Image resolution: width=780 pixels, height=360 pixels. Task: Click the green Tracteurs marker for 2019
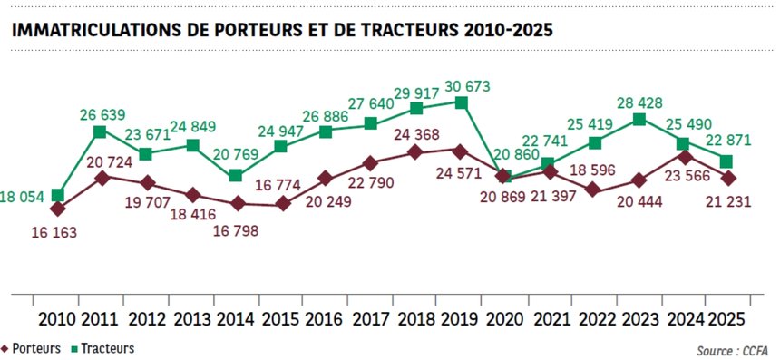[x=461, y=102]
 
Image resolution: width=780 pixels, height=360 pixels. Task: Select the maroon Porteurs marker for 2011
[x=102, y=178]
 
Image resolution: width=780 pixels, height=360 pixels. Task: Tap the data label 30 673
[x=466, y=86]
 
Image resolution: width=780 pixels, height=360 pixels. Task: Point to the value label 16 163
[x=53, y=232]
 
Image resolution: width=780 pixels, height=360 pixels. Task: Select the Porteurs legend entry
[x=34, y=348]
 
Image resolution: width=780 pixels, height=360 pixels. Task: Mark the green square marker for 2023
[x=639, y=119]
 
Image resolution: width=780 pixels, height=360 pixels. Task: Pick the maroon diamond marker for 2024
[x=684, y=156]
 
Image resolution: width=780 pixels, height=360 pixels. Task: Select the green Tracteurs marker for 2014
[x=236, y=175]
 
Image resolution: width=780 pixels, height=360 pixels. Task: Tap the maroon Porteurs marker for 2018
[x=415, y=151]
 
